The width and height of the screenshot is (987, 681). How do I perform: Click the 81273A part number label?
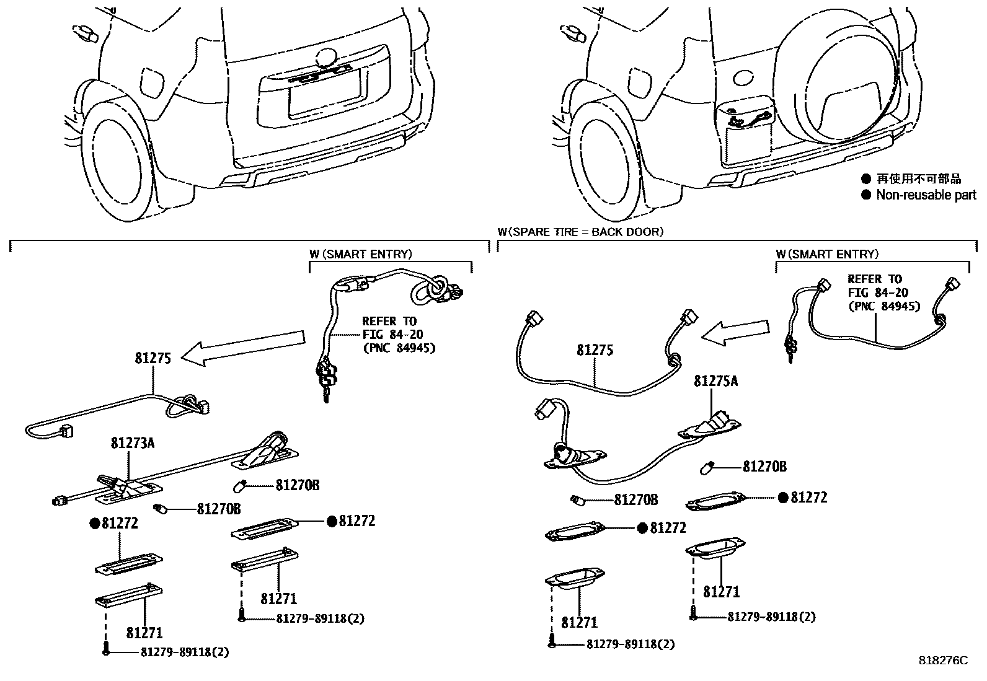[133, 443]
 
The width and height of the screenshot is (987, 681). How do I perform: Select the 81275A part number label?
[715, 381]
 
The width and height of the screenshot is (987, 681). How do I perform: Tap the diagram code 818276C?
[942, 661]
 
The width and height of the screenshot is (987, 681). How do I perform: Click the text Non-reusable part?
[926, 195]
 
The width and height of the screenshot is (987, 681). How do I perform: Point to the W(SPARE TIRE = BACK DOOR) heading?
[580, 232]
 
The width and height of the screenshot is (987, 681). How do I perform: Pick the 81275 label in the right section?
[595, 350]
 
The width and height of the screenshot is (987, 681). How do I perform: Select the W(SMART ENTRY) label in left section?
[360, 254]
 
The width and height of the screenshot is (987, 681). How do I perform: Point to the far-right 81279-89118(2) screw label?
[771, 617]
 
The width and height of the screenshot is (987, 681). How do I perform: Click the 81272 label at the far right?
[808, 498]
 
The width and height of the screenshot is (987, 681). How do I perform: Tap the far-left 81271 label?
[144, 633]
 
